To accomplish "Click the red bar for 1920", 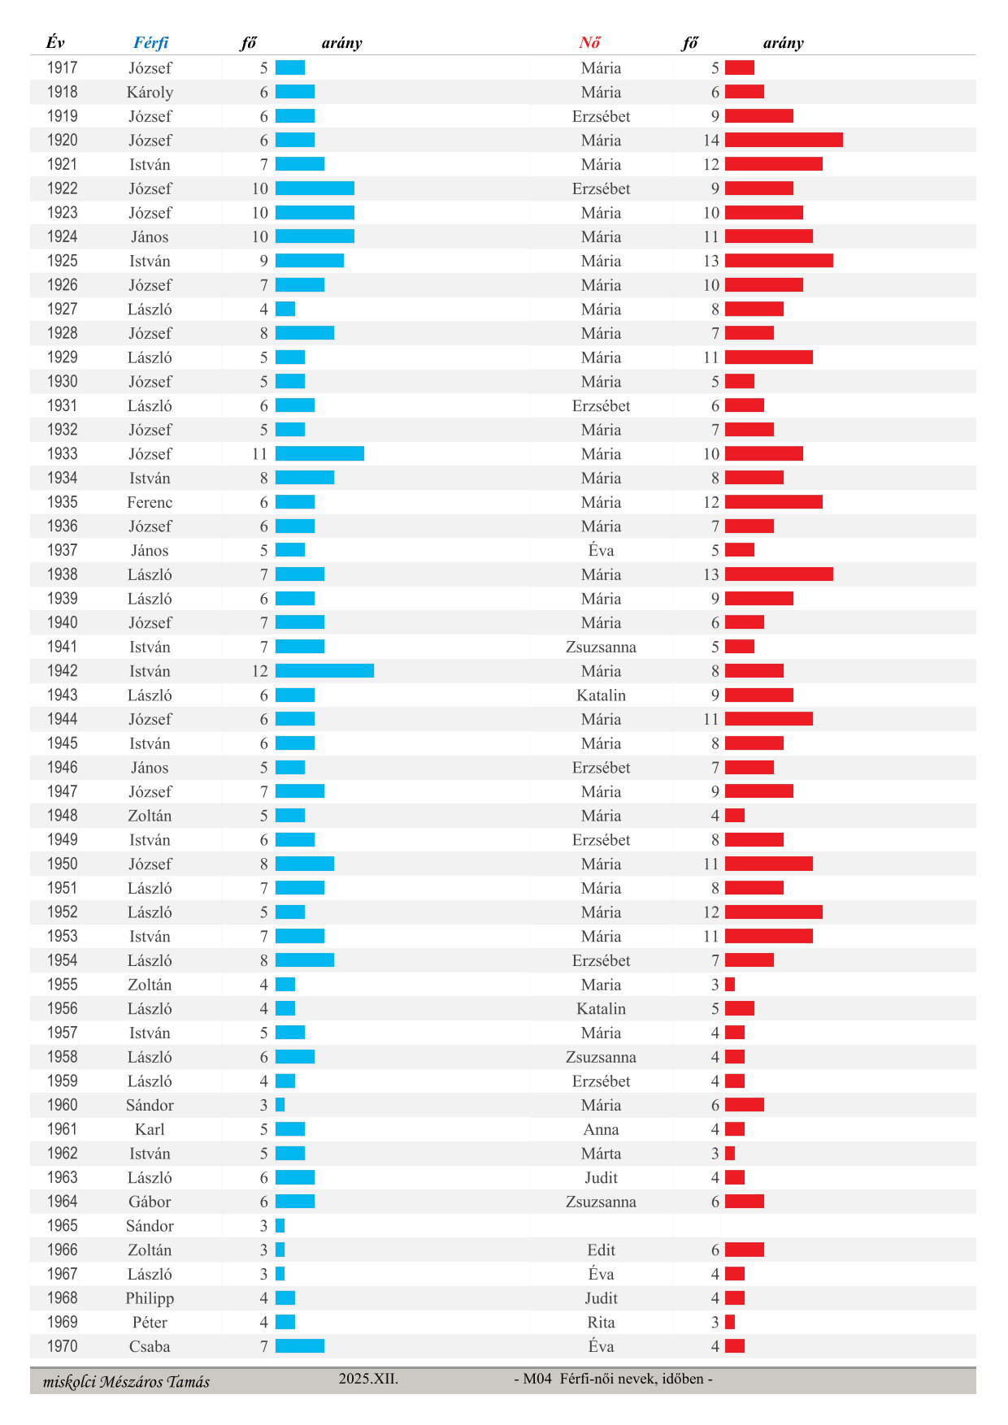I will point(784,141).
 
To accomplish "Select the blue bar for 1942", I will point(324,671).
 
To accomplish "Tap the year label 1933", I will point(63,453).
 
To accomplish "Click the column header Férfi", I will point(151,43).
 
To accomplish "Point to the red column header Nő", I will point(589,43).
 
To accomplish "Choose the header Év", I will point(55,43).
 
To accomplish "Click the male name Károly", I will point(150,93).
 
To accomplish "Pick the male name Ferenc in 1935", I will point(150,502).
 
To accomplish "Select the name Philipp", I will point(150,1298).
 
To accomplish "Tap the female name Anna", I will point(601,1129).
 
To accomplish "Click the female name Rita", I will point(601,1323).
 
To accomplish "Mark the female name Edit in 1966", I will point(601,1250).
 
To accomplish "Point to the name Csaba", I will point(150,1346).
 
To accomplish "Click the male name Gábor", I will point(150,1202).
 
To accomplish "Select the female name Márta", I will point(601,1154).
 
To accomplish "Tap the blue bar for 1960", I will point(280,1105).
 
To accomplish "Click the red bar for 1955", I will point(730,985).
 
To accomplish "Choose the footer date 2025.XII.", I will point(368,1379).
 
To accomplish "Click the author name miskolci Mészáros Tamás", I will point(126,1382).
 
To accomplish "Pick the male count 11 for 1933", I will point(259,454).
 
